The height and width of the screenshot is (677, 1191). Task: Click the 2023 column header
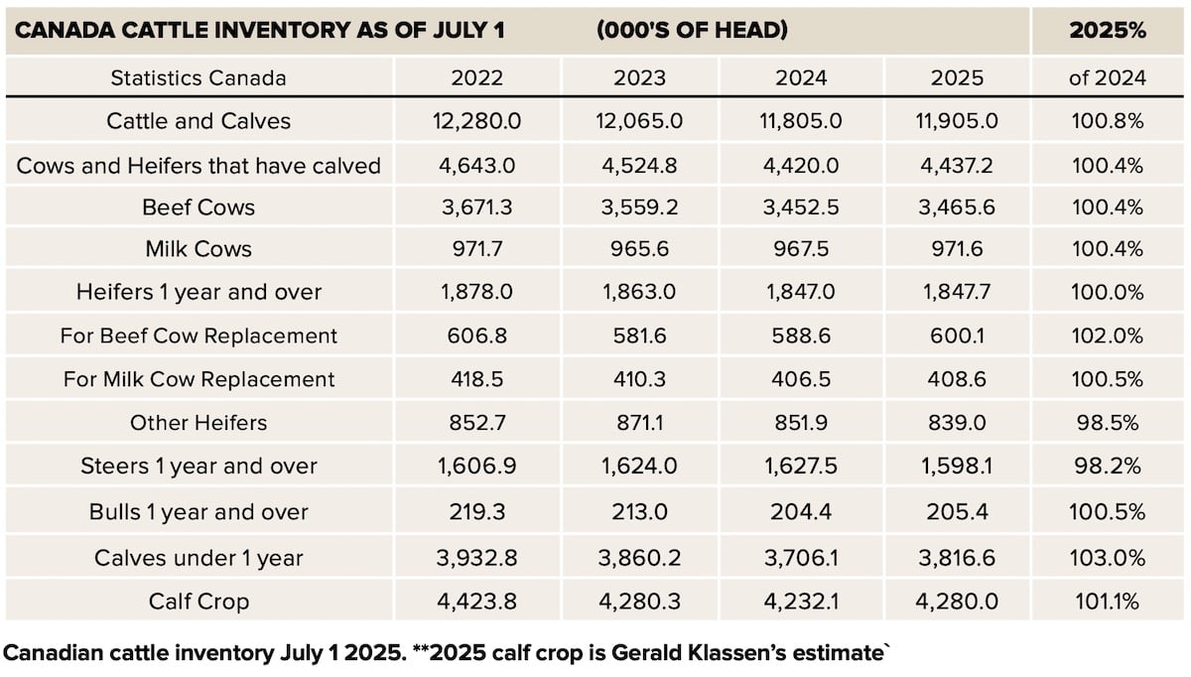click(x=639, y=78)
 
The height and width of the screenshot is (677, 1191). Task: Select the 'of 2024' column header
click(x=1107, y=78)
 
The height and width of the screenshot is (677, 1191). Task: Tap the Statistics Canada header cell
click(x=198, y=78)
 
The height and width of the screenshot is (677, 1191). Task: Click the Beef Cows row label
click(x=198, y=207)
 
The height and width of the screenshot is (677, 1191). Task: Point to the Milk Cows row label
click(x=198, y=249)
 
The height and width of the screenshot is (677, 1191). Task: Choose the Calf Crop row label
click(x=198, y=601)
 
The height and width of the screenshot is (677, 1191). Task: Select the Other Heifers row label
click(x=198, y=423)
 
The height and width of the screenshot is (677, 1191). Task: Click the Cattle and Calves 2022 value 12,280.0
click(x=476, y=121)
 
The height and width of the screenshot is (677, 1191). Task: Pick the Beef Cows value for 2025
click(x=957, y=207)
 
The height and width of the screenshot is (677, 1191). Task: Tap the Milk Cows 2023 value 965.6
click(x=639, y=249)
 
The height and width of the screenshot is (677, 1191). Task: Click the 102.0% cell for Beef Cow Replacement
click(x=1107, y=337)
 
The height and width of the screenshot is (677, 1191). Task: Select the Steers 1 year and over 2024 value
click(x=801, y=467)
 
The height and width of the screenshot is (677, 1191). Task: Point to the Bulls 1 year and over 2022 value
click(x=476, y=512)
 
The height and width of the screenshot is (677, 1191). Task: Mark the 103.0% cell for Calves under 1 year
click(x=1107, y=558)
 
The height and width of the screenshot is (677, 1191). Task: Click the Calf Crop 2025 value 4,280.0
click(x=957, y=601)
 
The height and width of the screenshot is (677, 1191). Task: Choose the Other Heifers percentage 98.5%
click(x=1107, y=423)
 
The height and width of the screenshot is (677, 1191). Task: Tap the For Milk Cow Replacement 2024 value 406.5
click(x=801, y=379)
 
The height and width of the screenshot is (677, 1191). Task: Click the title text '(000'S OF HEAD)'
click(x=693, y=30)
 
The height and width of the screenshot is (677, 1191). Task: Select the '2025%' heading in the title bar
click(x=1107, y=30)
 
